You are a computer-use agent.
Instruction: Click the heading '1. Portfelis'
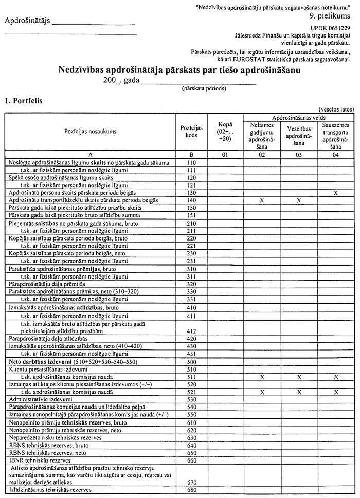[24, 101]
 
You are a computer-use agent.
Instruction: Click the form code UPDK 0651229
[331, 27]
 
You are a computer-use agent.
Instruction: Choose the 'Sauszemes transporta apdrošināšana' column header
[335, 135]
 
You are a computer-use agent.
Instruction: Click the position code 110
[191, 162]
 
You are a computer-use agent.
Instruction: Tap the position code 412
[191, 331]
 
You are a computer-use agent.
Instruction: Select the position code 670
[191, 483]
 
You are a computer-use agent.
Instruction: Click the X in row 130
[335, 192]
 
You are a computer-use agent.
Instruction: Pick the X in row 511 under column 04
[335, 377]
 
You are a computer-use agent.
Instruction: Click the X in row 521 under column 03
[298, 392]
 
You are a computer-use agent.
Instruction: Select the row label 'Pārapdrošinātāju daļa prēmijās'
[47, 284]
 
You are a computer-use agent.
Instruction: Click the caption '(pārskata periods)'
[203, 88]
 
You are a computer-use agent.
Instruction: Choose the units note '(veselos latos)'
[336, 109]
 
